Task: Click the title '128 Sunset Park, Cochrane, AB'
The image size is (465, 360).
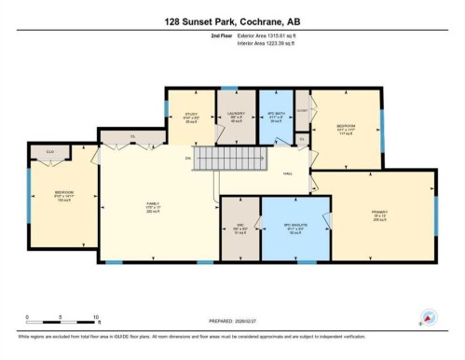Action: coord(232,21)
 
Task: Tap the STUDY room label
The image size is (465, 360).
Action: coord(191,118)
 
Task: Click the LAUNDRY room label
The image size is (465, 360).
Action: coord(235,118)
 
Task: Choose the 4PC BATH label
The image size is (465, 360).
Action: coord(275,118)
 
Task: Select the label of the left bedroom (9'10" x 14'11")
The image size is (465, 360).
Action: coord(62,197)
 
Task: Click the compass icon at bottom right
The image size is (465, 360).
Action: coord(430,318)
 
